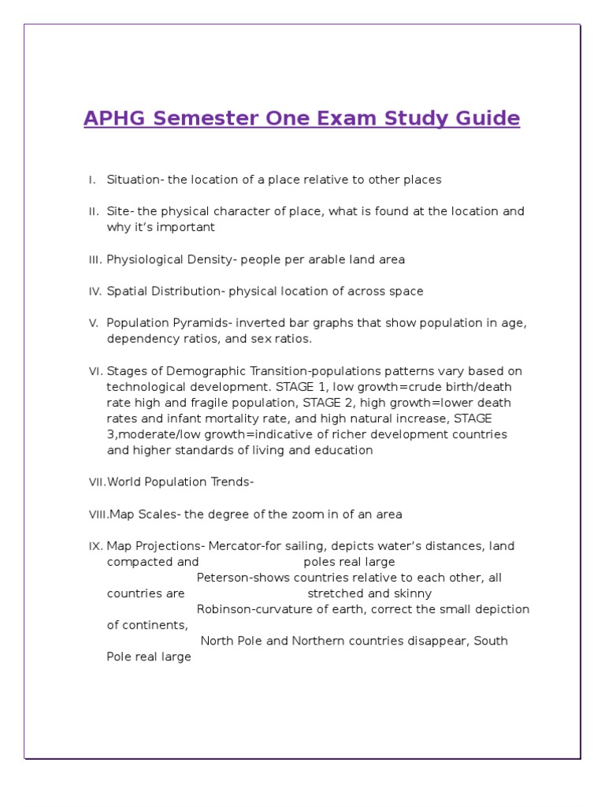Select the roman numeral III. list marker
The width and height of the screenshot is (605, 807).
click(95, 259)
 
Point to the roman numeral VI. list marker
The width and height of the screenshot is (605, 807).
click(95, 371)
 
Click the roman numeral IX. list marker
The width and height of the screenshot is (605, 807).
click(95, 546)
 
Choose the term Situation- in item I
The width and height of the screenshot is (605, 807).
click(135, 180)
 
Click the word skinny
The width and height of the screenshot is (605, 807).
click(413, 593)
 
